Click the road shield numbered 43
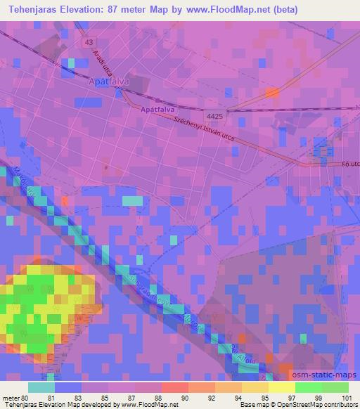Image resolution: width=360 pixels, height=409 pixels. pyautogui.click(x=87, y=43)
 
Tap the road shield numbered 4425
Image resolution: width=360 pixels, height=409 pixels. pyautogui.click(x=215, y=115)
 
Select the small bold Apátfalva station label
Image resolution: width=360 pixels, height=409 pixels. pyautogui.click(x=157, y=110)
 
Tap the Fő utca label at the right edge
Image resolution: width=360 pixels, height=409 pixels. pyautogui.click(x=351, y=166)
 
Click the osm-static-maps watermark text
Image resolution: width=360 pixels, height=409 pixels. pyautogui.click(x=330, y=374)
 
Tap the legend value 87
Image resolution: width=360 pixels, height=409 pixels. pyautogui.click(x=131, y=398)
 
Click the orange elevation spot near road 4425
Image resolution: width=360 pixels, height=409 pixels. pyautogui.click(x=272, y=92)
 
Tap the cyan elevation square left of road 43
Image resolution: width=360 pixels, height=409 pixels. pyautogui.click(x=71, y=63)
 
